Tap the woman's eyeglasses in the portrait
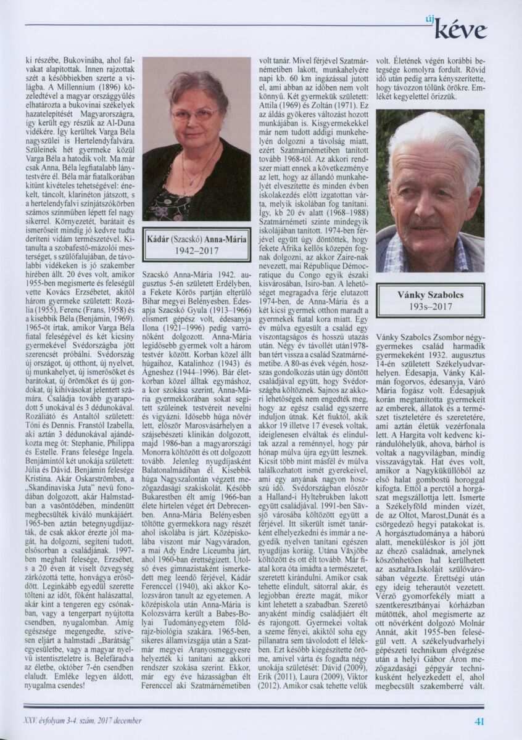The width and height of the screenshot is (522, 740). click(194, 115)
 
